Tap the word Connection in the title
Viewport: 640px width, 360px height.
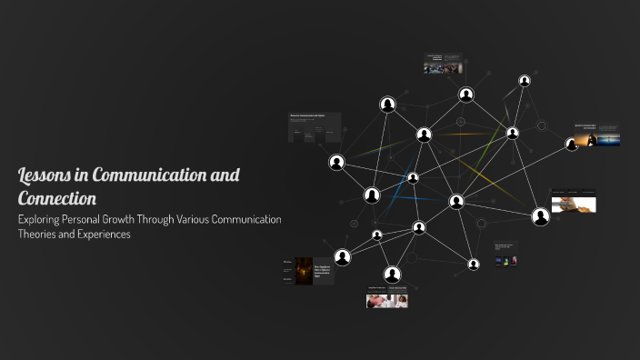[x=57, y=197]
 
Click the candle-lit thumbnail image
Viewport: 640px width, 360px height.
[x=304, y=271]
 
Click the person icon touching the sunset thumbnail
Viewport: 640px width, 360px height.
[x=572, y=145]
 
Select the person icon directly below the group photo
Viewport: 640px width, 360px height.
[x=465, y=95]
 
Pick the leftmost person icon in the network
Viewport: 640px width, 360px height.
[x=336, y=164]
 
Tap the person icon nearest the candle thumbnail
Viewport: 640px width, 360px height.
[x=342, y=257]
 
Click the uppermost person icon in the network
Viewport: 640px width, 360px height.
[x=525, y=81]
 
